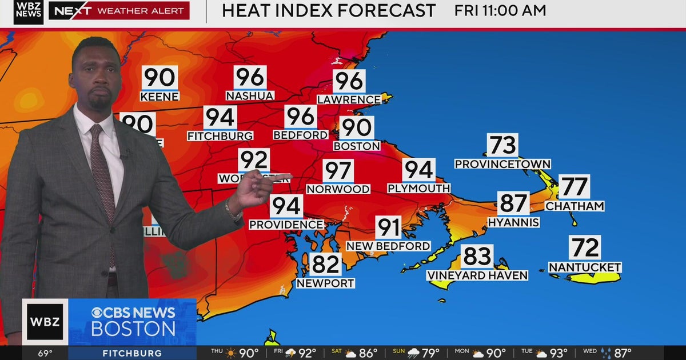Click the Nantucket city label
(x=585, y=267)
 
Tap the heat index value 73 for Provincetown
(x=502, y=146)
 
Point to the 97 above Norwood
(x=338, y=171)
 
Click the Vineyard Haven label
(x=477, y=275)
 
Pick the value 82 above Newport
(x=325, y=265)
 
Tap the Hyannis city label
(x=513, y=222)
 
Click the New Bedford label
(x=388, y=246)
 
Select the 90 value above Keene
(x=159, y=78)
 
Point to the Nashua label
(x=250, y=96)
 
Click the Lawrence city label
(x=349, y=99)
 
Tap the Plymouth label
(x=419, y=188)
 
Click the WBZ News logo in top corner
(x=28, y=11)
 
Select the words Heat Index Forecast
(x=329, y=10)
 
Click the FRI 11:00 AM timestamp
(x=500, y=10)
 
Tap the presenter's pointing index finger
(x=280, y=177)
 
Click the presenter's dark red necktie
(x=103, y=171)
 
